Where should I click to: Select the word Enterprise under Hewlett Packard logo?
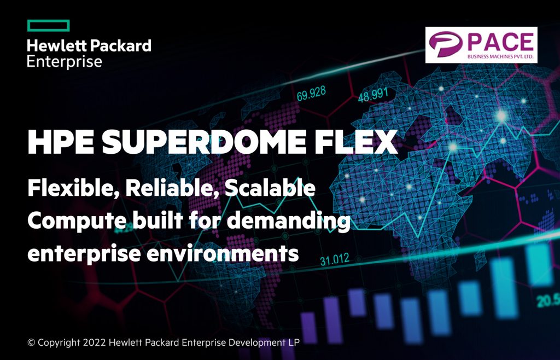(65, 61)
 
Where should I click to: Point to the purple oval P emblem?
(446, 44)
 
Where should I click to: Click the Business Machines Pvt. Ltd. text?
(501, 56)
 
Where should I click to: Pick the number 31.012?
(335, 260)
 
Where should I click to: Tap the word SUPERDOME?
(204, 142)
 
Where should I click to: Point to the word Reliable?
(172, 188)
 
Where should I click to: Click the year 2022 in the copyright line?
(95, 342)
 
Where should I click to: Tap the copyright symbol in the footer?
(31, 342)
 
